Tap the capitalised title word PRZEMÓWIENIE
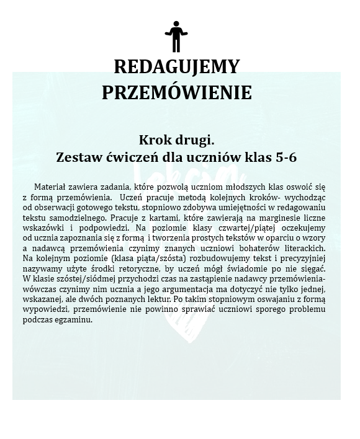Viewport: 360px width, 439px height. pos(176,92)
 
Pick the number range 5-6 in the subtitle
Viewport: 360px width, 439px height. pos(283,157)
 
